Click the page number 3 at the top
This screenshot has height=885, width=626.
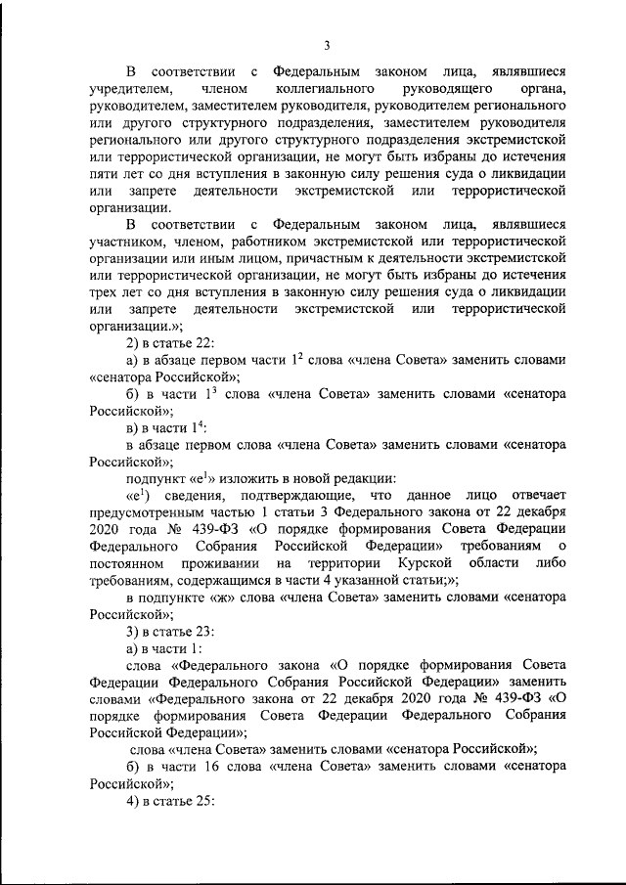point(328,44)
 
